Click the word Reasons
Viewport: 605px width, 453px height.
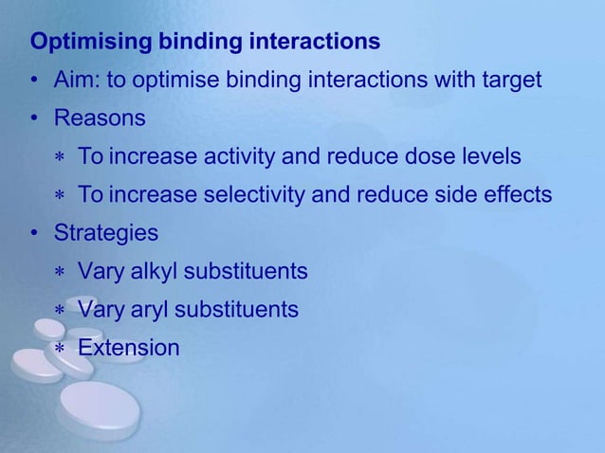click(x=100, y=118)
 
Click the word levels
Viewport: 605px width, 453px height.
click(x=488, y=156)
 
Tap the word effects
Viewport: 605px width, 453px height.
click(x=519, y=195)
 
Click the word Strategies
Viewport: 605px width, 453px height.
click(x=106, y=233)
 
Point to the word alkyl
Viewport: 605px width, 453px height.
click(x=153, y=272)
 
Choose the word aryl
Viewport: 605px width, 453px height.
click(x=150, y=310)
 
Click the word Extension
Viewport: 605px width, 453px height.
click(x=128, y=348)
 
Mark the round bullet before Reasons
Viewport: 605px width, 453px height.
click(x=34, y=119)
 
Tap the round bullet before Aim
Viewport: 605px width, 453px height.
click(x=34, y=82)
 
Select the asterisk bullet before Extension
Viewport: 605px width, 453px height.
click(x=59, y=350)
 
